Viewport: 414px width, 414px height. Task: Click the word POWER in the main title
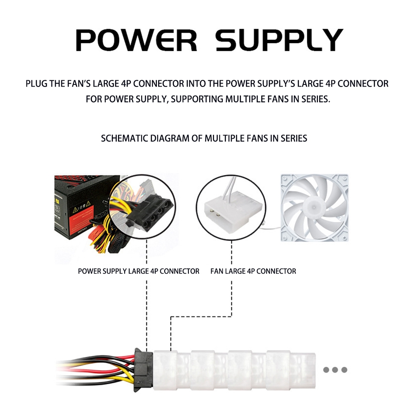pos(136,40)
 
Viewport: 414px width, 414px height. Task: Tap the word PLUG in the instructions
pos(36,84)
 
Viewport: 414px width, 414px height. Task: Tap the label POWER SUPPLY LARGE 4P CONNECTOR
pos(139,272)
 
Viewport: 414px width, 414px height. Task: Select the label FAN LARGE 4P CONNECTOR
pos(253,272)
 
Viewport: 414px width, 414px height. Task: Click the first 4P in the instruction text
pos(127,84)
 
